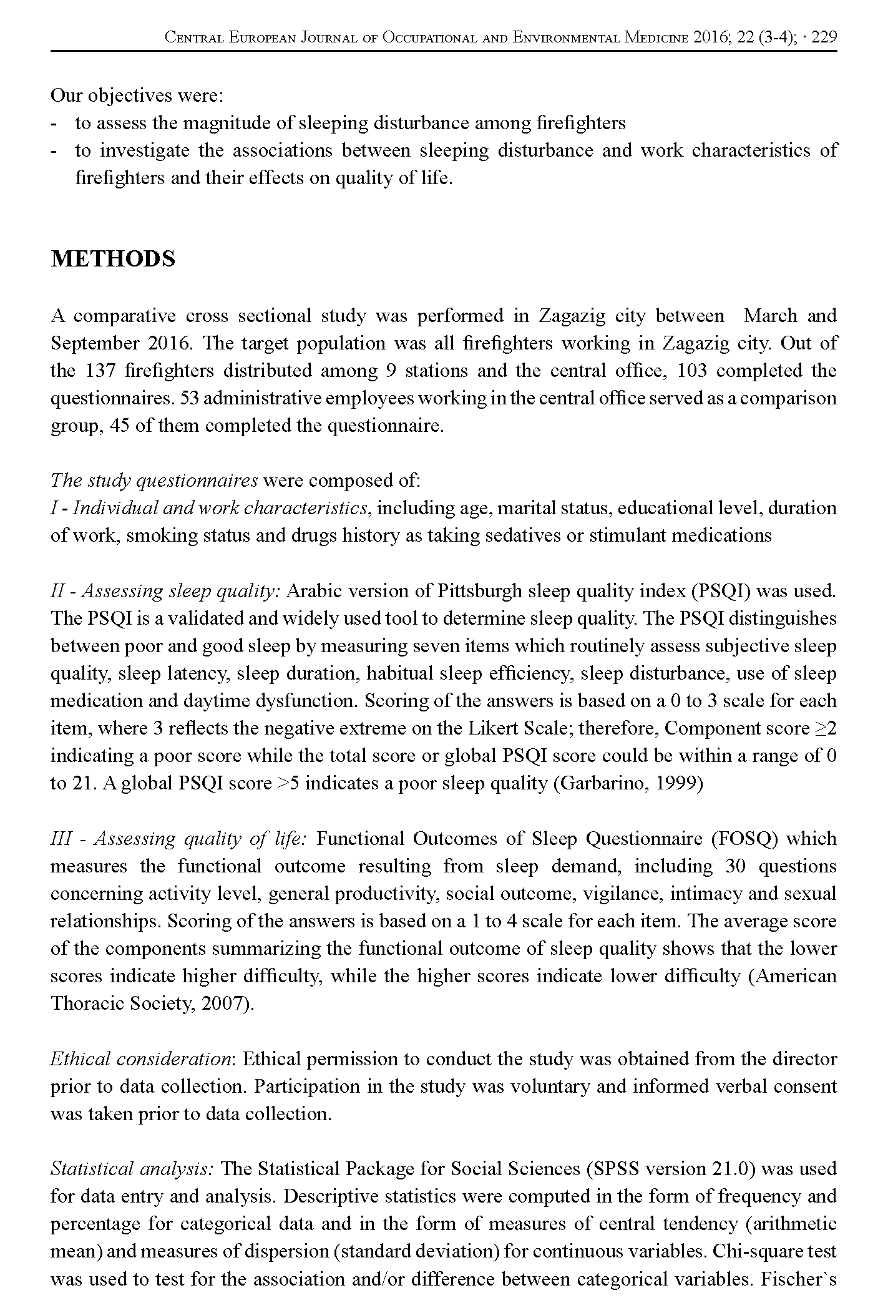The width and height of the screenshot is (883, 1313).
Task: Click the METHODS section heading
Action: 113,259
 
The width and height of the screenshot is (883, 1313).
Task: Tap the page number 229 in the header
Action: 824,38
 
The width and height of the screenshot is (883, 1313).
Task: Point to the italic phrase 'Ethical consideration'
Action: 141,1060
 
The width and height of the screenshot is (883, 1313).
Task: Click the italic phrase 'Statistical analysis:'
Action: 133,1169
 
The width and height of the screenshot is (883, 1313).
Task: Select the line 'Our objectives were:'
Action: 137,95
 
